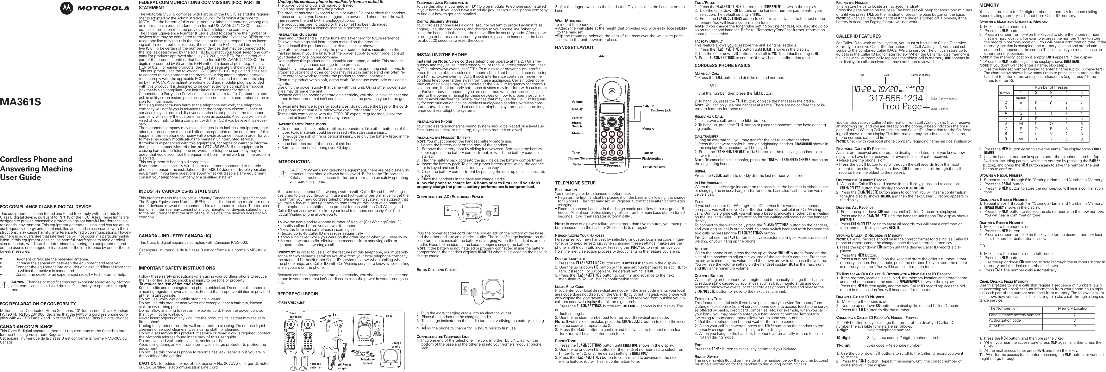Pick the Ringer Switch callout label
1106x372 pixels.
[577, 124]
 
